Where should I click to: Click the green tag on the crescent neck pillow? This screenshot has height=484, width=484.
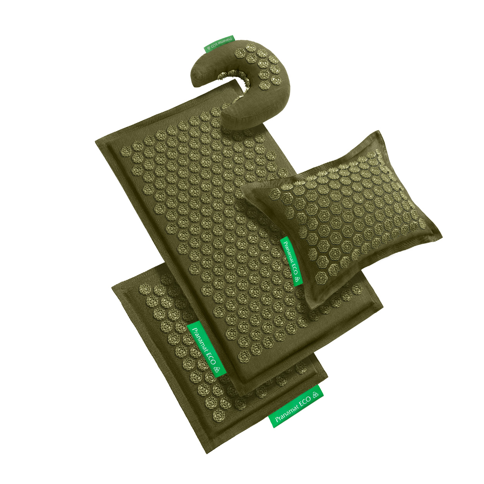[x=219, y=44]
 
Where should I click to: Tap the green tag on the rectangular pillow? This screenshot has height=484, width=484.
[x=291, y=261]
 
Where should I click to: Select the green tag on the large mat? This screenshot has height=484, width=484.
[x=207, y=350]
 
